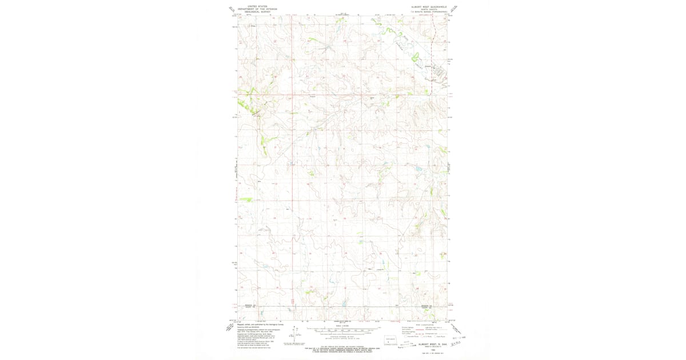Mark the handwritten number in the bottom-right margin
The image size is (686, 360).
(x=456, y=344)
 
